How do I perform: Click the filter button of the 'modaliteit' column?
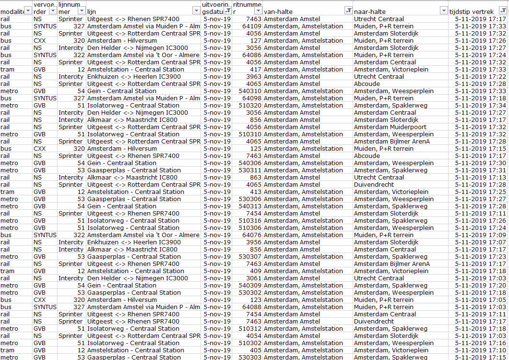coord(28,11)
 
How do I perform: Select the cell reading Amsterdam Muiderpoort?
coord(383,127)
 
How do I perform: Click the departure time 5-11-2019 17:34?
coord(480,106)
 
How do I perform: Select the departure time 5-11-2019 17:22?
coord(480,77)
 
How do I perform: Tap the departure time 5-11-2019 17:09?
coord(480,235)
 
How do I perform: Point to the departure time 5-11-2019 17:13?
coord(480,178)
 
